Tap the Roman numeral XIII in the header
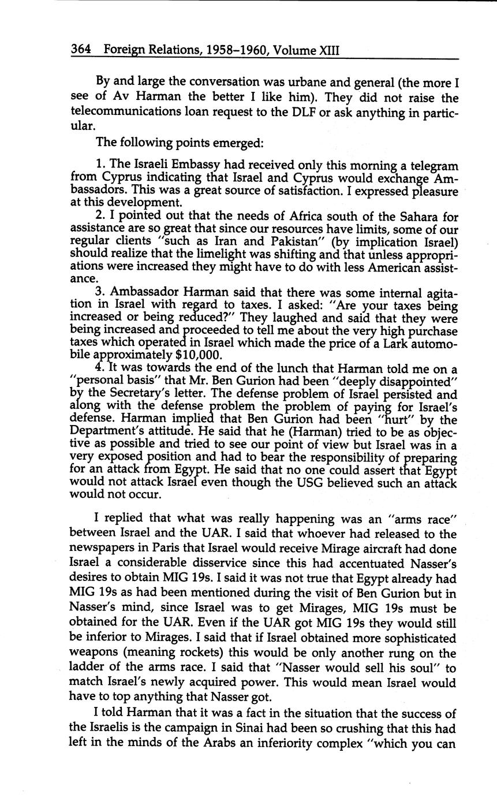[329, 50]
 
